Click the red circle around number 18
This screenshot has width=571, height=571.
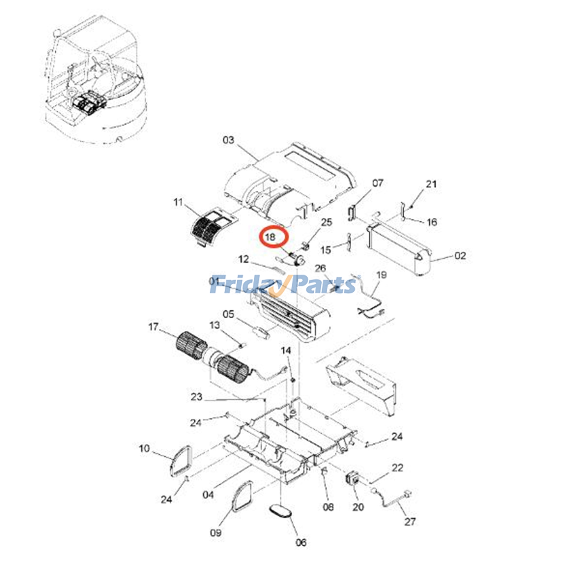[273, 237]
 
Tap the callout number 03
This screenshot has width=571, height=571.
[228, 140]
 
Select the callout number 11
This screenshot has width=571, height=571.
[178, 202]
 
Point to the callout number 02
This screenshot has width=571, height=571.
[460, 256]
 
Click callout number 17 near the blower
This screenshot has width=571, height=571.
[153, 327]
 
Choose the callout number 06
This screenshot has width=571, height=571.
[301, 542]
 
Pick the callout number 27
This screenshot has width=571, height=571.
[410, 521]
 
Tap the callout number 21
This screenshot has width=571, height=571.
[431, 184]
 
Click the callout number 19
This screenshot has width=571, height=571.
[381, 275]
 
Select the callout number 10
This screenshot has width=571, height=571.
[144, 448]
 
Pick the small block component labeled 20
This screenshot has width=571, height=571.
[352, 478]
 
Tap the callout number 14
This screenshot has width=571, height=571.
[286, 350]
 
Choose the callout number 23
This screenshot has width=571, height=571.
[196, 396]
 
